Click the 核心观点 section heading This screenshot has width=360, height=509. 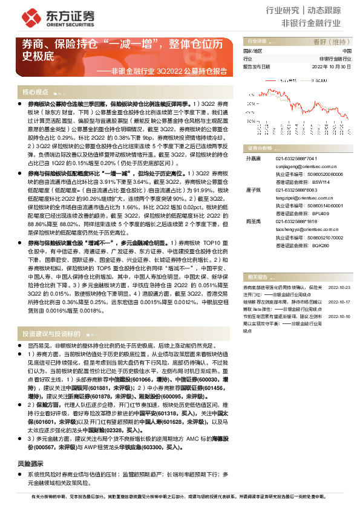(36, 92)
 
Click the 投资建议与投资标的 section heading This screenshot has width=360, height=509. (51, 333)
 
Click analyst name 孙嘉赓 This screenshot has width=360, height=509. (251, 158)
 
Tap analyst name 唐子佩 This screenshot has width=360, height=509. (251, 190)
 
